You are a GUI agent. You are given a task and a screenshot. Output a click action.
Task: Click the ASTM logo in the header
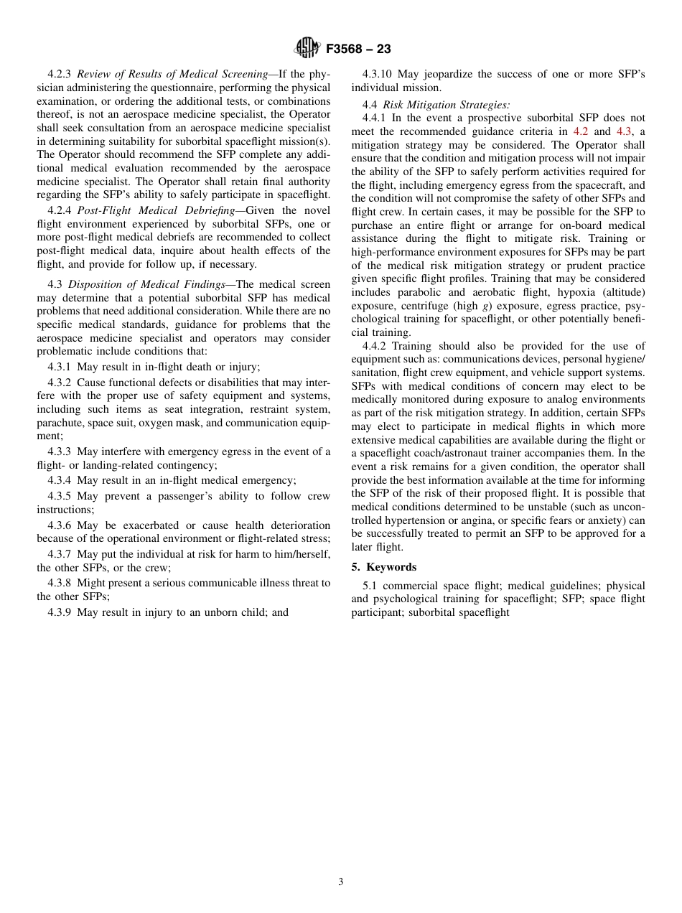click(x=307, y=49)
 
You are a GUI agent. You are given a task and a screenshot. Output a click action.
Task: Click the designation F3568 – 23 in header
click(x=358, y=50)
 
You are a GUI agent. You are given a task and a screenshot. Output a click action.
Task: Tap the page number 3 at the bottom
click(x=341, y=882)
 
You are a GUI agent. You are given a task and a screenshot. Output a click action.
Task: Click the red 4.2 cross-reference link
click(x=580, y=131)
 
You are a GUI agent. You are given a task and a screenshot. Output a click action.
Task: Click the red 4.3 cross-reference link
click(x=624, y=131)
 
